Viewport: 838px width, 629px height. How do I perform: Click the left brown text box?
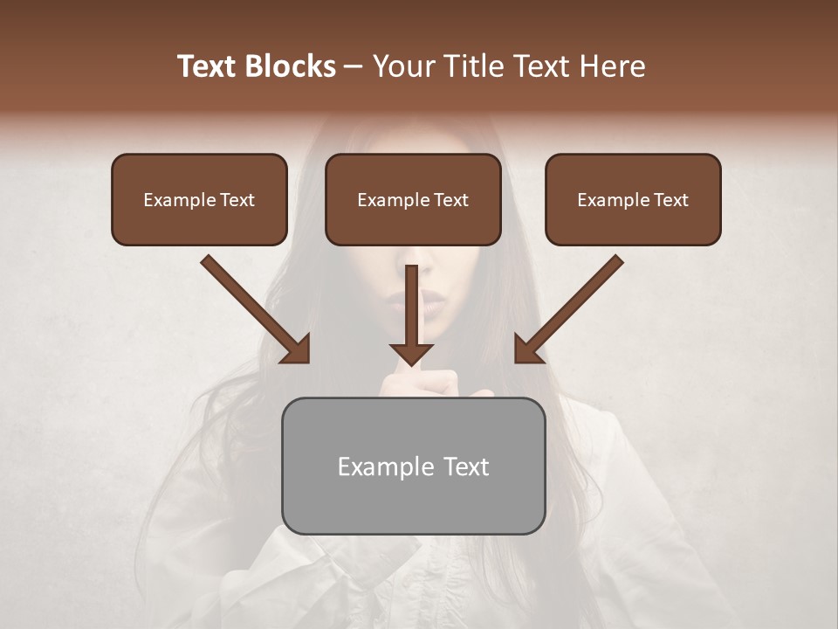click(x=199, y=199)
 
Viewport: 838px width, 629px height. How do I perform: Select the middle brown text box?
click(x=413, y=199)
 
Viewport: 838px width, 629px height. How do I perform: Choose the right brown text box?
click(x=633, y=199)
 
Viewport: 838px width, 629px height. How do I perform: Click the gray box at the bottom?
click(x=413, y=466)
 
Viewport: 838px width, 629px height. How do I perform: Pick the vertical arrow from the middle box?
click(x=412, y=314)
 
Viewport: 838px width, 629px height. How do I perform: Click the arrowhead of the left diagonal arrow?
click(x=297, y=349)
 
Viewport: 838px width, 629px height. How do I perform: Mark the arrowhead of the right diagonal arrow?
click(x=527, y=349)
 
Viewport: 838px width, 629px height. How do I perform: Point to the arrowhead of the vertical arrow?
click(x=412, y=353)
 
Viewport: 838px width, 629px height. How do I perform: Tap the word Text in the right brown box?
click(x=670, y=200)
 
